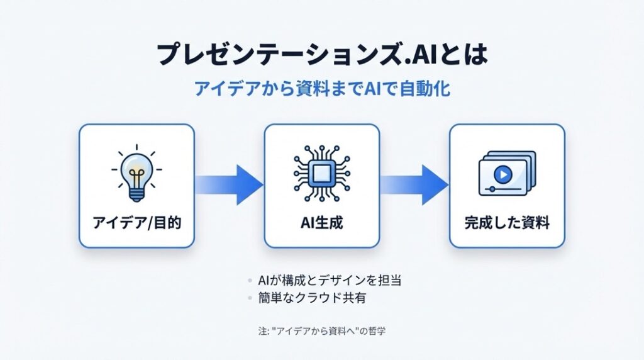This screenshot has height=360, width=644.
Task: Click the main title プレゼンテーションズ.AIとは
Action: pos(321,55)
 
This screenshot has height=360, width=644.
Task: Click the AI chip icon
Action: pos(321,170)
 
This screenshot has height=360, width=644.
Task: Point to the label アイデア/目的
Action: pos(136,223)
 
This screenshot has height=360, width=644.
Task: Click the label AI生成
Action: pos(321,223)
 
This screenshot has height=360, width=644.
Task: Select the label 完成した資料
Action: pos(506,223)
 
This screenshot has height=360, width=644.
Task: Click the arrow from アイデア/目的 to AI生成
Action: pos(229,184)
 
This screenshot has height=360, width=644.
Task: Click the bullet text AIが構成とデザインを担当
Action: pos(330,281)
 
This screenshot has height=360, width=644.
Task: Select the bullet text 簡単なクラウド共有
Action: pos(312,298)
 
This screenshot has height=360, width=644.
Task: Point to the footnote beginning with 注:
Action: pos(321,330)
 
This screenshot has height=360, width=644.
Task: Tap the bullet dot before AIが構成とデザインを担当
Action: pos(251,281)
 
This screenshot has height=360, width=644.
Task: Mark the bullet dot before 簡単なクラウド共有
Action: pos(251,298)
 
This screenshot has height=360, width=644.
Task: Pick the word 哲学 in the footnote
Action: pos(376,330)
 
